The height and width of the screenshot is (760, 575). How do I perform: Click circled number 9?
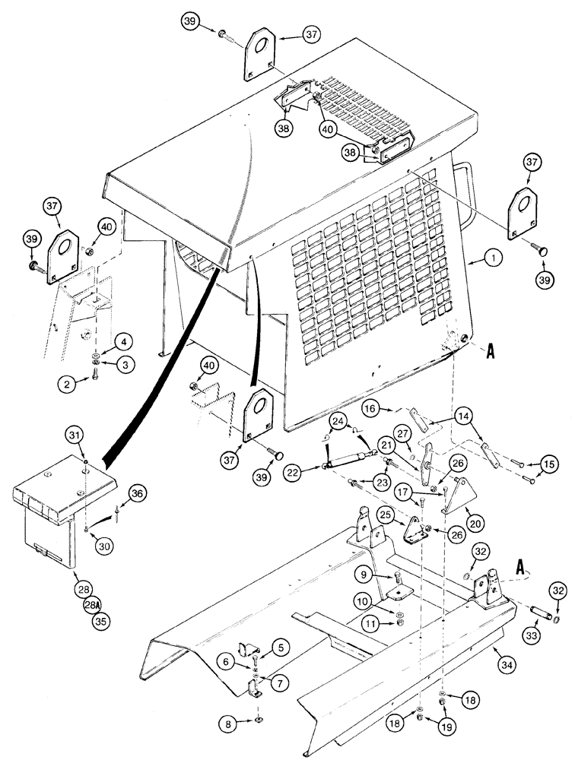pyautogui.click(x=365, y=573)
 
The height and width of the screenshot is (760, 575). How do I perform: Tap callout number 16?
pyautogui.click(x=370, y=409)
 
